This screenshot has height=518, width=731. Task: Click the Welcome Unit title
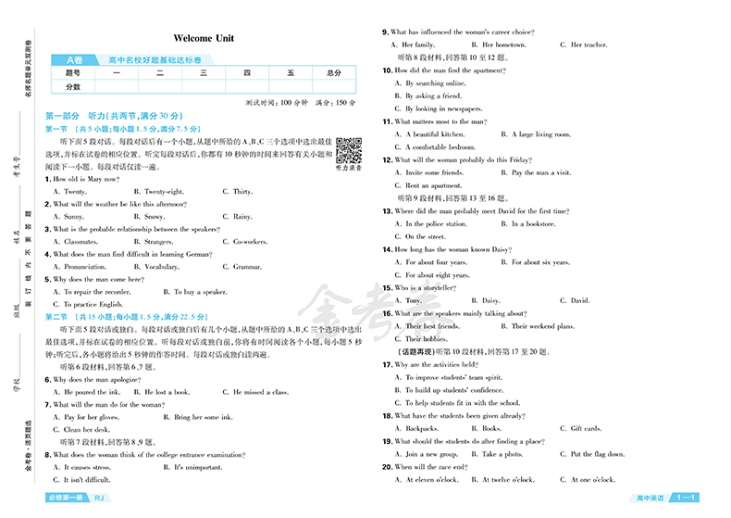coord(204,38)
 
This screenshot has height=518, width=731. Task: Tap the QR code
coord(348,149)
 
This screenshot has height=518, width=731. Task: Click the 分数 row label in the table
coord(73,86)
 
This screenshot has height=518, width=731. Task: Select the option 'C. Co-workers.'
coord(244,242)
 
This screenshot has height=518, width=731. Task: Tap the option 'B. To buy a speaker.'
coord(197,292)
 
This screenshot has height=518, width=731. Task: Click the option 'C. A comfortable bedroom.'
coord(440,147)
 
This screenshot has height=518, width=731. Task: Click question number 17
coord(388,364)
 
